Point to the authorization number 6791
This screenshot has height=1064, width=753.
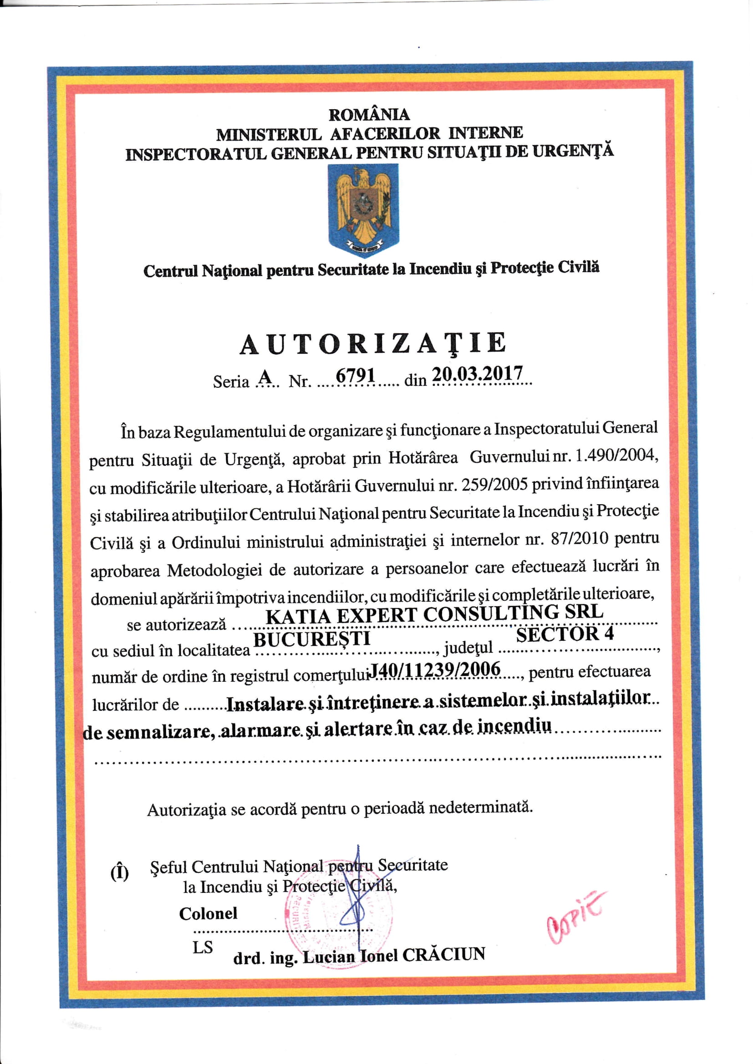[x=355, y=375]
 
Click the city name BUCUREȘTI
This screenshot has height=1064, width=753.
[x=311, y=639]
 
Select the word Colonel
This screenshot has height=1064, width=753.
[x=208, y=913]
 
